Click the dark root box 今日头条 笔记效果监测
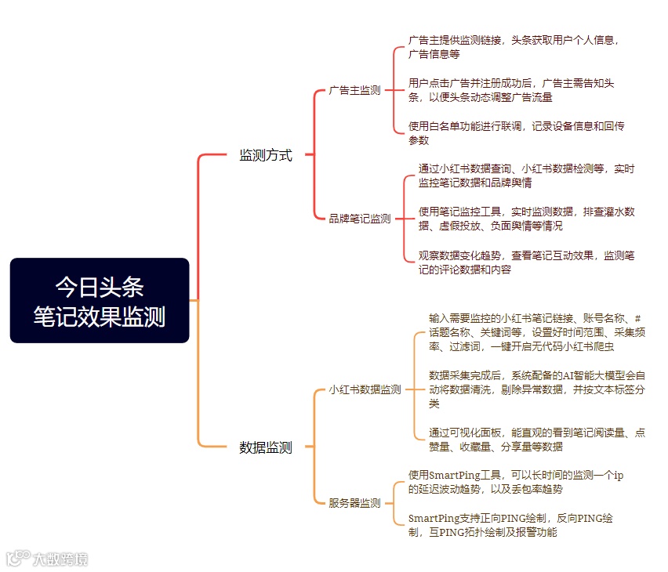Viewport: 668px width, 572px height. click(x=100, y=300)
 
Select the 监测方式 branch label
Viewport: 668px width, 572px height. click(x=265, y=155)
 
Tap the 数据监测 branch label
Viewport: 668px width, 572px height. click(x=265, y=448)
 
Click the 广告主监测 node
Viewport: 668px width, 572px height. click(x=354, y=90)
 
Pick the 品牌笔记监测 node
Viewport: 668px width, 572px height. click(x=359, y=219)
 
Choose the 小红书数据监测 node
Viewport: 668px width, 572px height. click(x=365, y=389)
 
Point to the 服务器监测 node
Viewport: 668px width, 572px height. click(x=354, y=503)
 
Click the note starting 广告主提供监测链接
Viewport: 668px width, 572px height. click(x=514, y=47)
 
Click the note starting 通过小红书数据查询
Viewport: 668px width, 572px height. click(x=526, y=176)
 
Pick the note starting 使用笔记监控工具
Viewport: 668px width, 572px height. click(x=526, y=219)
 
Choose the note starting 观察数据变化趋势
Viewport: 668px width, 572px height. click(x=526, y=262)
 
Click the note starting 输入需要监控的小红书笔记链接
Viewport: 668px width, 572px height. click(x=536, y=332)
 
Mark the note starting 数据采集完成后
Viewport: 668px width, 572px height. click(x=536, y=389)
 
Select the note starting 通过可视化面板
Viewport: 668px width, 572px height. click(x=536, y=440)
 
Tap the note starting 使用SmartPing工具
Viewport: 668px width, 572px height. click(x=516, y=482)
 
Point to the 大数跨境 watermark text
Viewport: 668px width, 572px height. click(x=60, y=559)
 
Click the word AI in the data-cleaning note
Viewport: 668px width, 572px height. click(x=570, y=375)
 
